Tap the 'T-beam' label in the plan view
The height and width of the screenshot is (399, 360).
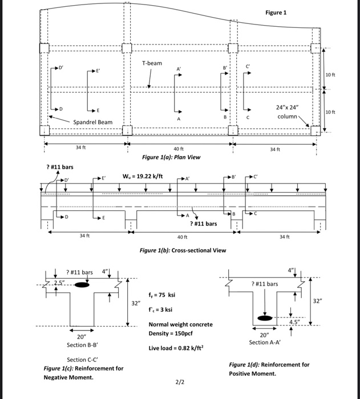(152, 63)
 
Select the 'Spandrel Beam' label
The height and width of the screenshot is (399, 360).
(92, 123)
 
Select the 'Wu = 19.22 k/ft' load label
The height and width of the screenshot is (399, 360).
(143, 177)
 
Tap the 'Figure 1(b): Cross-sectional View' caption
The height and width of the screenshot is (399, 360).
(183, 250)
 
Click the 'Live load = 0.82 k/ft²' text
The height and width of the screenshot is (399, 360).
(176, 347)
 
